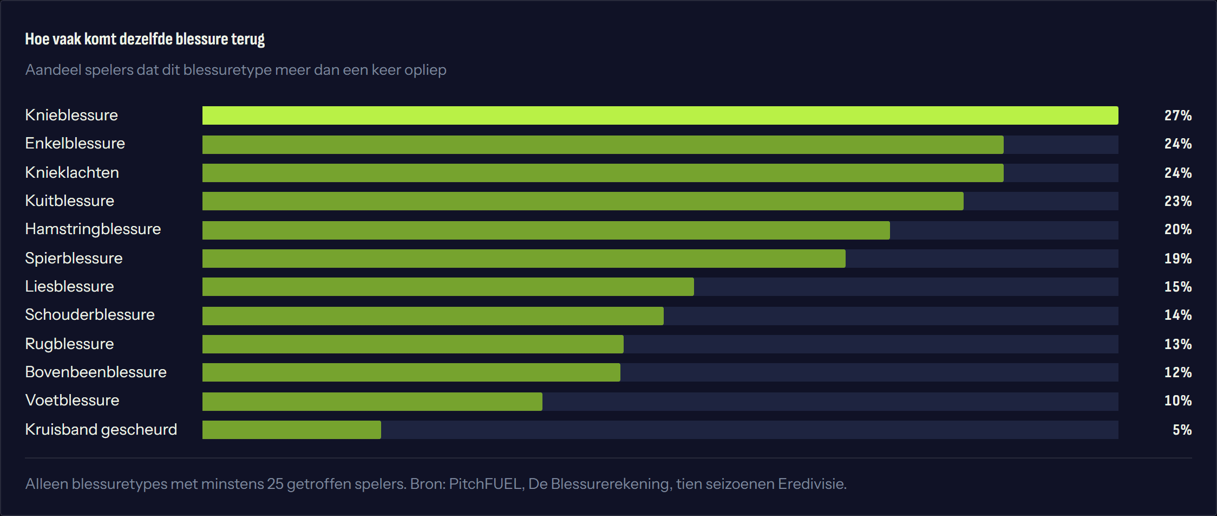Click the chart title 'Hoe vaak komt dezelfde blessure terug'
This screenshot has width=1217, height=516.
(145, 40)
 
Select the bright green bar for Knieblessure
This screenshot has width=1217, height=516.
(660, 115)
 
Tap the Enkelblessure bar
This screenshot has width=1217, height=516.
(603, 145)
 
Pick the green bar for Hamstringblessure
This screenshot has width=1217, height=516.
(546, 230)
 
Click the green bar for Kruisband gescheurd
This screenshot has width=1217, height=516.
(292, 430)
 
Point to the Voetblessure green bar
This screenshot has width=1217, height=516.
(372, 402)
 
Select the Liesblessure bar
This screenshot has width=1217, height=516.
(448, 287)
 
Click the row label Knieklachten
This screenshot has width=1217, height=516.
(72, 172)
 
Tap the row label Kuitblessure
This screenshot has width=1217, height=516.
(70, 201)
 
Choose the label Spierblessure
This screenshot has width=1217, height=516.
(74, 259)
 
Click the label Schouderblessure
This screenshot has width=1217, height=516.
(90, 314)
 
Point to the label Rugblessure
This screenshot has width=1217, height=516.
(69, 344)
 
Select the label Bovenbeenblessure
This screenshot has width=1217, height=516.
(96, 372)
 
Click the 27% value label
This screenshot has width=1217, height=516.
(1178, 115)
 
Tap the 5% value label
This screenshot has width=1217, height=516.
(1182, 430)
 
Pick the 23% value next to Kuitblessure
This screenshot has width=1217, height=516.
(1178, 201)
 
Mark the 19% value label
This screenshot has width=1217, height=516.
(1178, 259)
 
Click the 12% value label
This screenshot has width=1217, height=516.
(1178, 372)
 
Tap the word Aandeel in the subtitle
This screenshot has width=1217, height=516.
(53, 70)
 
